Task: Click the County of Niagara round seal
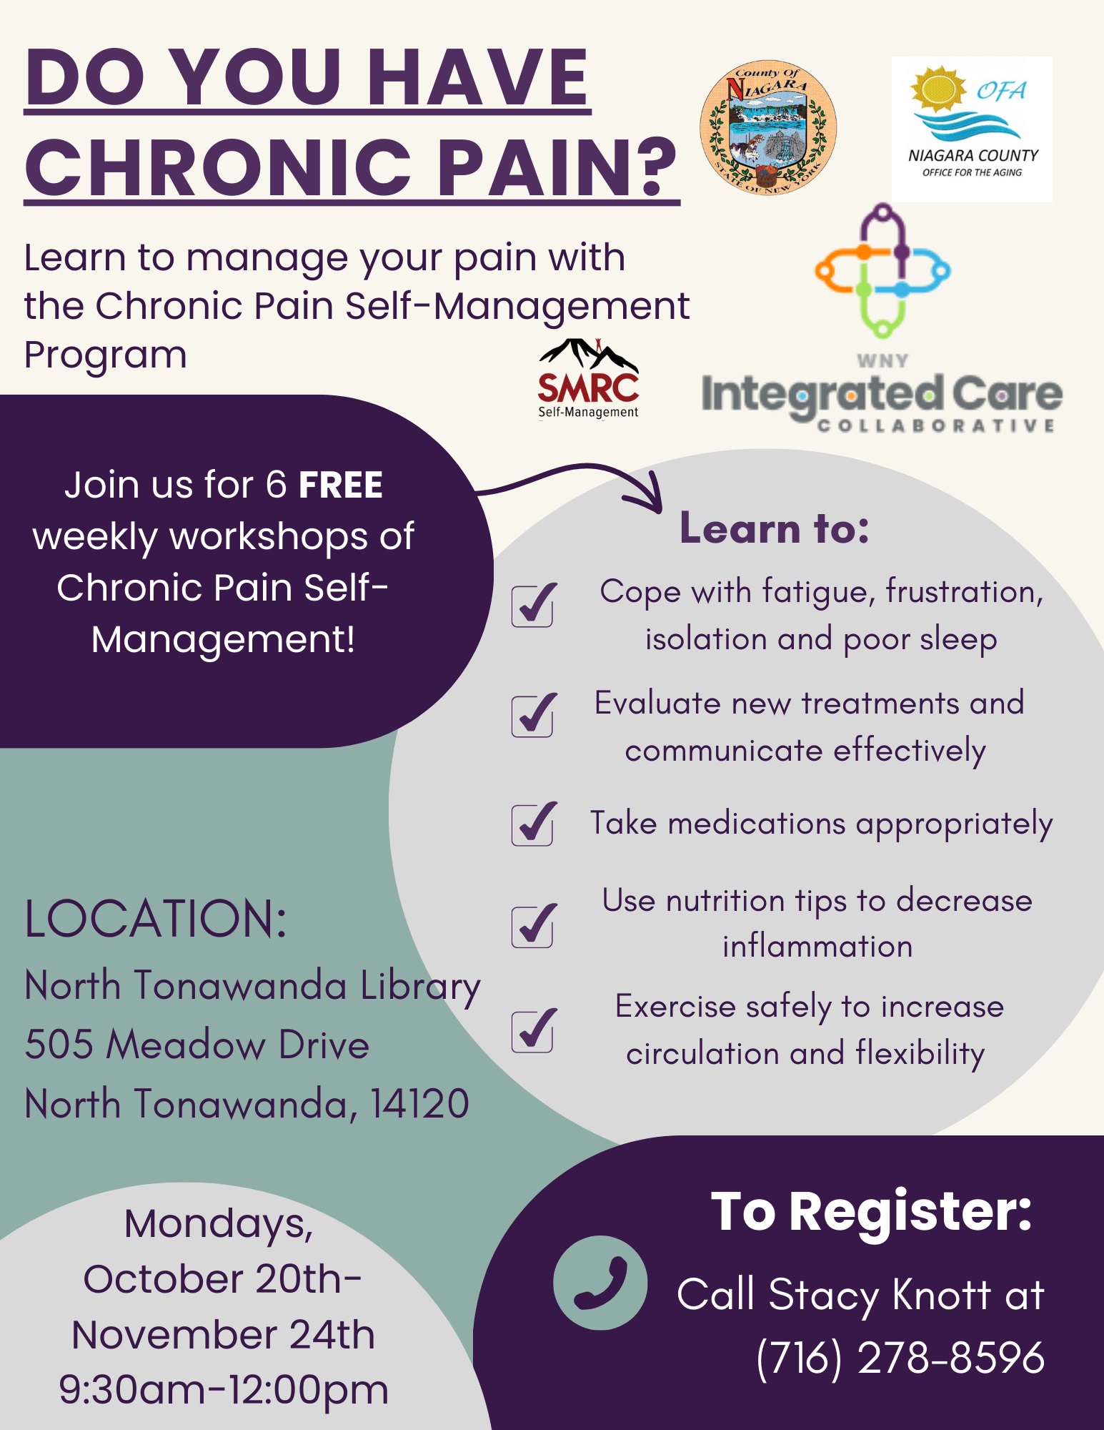[767, 127]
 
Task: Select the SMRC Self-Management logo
[588, 379]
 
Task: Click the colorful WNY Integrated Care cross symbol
[882, 271]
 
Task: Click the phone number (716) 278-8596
[900, 1357]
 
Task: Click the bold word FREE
[341, 485]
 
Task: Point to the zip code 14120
[419, 1103]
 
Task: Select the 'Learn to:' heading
[775, 528]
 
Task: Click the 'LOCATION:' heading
[156, 919]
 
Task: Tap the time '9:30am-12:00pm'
[224, 1391]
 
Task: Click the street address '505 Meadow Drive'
[197, 1045]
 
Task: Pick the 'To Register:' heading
[872, 1213]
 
